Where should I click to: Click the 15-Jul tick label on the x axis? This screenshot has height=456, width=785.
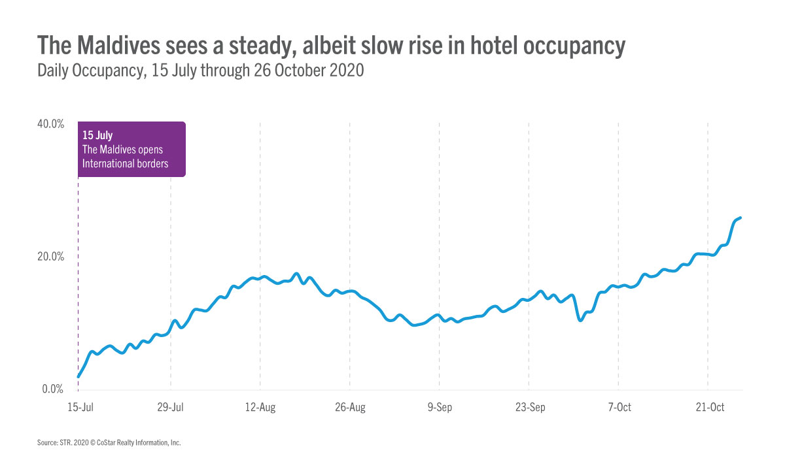pos(78,408)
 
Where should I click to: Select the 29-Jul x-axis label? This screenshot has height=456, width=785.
pos(170,408)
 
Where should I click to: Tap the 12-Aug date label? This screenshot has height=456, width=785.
pos(260,408)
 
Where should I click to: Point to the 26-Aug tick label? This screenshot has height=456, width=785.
pos(350,408)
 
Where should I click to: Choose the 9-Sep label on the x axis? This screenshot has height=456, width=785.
pos(440,408)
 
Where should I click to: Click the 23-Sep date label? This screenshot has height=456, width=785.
pos(530,408)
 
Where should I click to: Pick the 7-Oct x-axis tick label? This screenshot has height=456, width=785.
pos(619,408)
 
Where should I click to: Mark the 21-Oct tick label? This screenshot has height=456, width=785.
pos(709,408)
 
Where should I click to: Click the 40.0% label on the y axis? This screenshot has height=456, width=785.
pos(50,123)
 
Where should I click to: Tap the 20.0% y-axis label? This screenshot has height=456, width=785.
pos(50,257)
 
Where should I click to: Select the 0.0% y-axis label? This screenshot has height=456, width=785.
pos(52,389)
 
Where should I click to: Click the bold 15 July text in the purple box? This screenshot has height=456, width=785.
pos(97,135)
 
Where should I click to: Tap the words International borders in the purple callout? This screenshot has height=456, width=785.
pos(125,163)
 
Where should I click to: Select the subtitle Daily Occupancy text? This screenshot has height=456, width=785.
pos(92,71)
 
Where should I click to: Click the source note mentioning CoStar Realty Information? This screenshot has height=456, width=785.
pos(109,443)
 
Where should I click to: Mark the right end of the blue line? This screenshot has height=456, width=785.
pos(740,218)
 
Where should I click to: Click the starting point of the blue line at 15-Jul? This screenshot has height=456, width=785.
pos(78,376)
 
